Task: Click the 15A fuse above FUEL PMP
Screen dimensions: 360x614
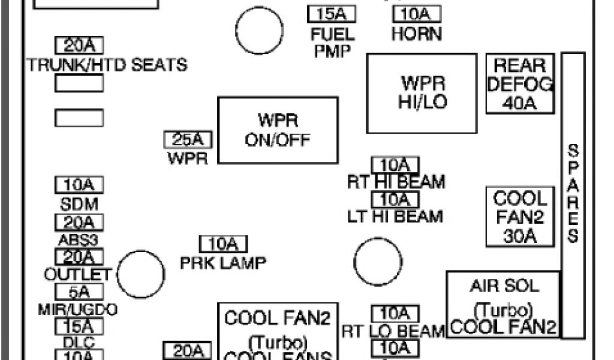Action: tap(332, 14)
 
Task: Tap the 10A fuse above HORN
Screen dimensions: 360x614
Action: tap(416, 14)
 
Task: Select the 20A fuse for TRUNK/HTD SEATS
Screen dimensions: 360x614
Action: tap(79, 46)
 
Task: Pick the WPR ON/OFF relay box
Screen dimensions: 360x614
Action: tap(277, 130)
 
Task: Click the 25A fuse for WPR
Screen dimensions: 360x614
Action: tap(188, 140)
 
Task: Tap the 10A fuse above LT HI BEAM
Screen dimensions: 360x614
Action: tap(395, 199)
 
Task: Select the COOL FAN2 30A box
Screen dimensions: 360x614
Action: tap(519, 217)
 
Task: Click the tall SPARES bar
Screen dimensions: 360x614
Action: tap(573, 195)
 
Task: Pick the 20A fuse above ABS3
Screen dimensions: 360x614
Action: tap(79, 223)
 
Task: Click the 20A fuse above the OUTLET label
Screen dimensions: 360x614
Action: tap(79, 257)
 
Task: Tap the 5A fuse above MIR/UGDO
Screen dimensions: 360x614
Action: tap(79, 292)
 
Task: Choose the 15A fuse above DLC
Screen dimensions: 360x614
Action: tap(79, 326)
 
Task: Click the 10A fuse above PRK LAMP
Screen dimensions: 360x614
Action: tap(223, 244)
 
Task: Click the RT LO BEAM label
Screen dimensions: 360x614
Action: tap(393, 331)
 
